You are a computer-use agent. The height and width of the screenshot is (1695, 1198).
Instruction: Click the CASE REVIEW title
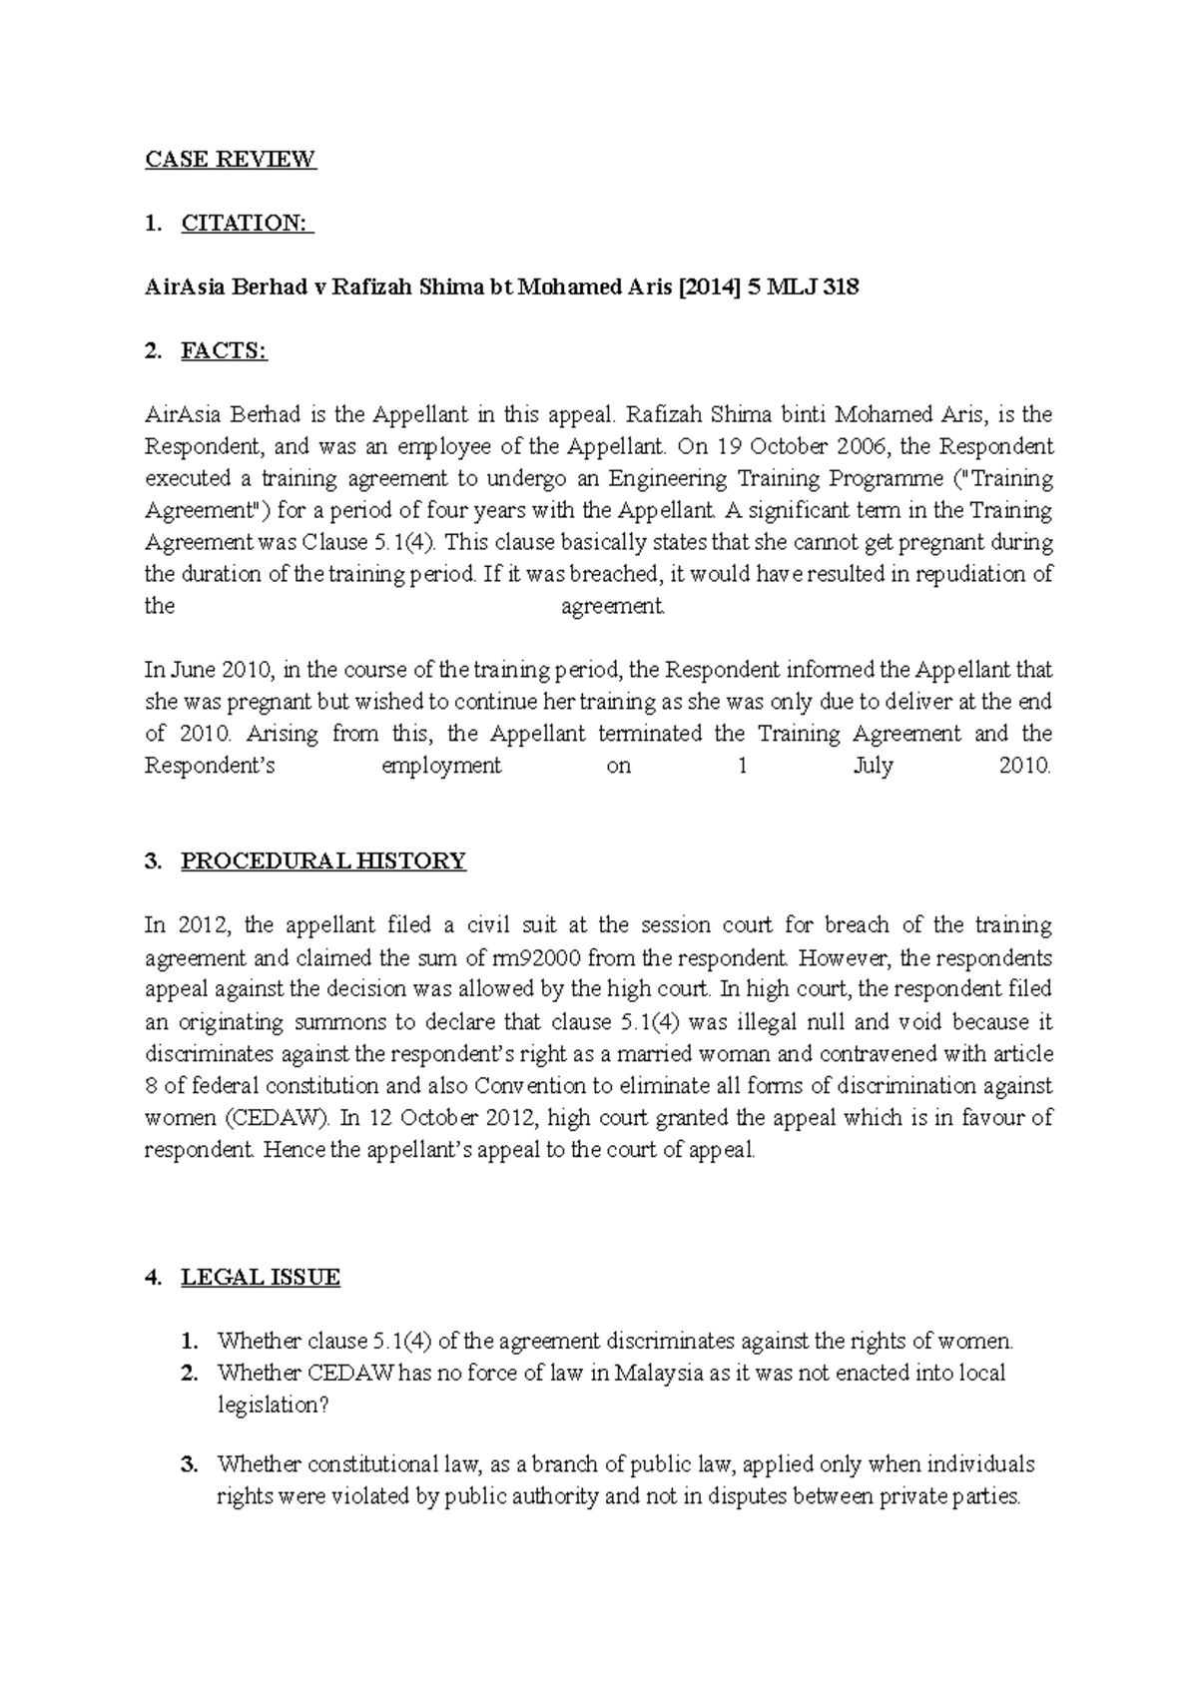231,160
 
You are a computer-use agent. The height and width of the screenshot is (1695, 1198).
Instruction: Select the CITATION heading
246,224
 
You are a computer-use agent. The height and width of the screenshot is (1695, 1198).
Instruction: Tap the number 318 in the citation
840,288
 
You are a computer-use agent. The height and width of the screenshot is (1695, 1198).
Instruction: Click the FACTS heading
224,351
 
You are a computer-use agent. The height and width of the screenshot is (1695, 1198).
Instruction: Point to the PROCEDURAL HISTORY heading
322,861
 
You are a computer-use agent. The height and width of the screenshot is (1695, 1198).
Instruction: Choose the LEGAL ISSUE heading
260,1278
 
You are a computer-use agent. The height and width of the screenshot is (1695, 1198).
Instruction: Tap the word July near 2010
873,767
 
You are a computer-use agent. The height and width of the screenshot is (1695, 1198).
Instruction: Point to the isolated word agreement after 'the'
612,607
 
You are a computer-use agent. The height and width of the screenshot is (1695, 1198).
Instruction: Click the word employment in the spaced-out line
441,767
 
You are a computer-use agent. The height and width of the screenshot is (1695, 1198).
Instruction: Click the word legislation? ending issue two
273,1406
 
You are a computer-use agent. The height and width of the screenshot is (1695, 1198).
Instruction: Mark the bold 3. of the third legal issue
190,1465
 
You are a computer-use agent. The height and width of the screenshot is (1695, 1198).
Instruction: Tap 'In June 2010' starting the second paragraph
207,671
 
